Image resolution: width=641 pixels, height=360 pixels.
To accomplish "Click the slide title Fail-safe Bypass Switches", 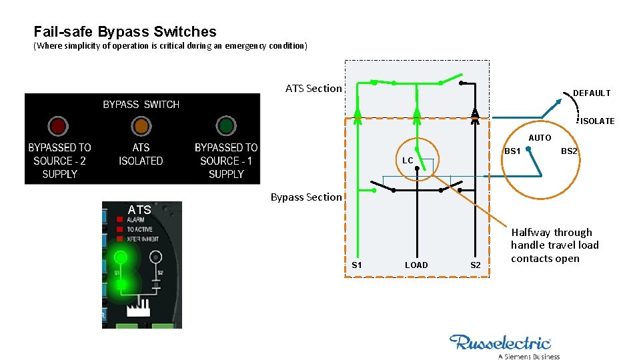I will (125, 32).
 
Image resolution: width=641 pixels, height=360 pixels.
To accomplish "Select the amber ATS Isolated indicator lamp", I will (141, 126).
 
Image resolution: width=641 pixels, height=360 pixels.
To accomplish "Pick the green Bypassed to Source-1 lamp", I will (226, 126).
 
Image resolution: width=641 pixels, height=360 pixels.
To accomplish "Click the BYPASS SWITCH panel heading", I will (141, 105).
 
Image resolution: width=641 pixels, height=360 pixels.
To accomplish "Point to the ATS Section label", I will (313, 89).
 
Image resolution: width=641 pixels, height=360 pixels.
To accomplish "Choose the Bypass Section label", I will (306, 197).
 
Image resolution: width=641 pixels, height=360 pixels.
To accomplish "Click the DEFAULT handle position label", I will (592, 93).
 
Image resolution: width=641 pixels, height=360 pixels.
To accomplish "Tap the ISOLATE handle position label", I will (597, 121).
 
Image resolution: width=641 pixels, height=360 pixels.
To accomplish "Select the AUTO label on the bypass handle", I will (540, 138).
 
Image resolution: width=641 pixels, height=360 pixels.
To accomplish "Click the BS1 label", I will (512, 151).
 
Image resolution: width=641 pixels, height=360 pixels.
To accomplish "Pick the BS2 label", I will (569, 151).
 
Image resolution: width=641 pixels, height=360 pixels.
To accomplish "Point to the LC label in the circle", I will (408, 161).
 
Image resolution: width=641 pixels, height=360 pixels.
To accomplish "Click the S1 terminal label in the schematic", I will (357, 265).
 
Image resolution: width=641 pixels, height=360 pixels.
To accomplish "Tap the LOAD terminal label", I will (416, 265).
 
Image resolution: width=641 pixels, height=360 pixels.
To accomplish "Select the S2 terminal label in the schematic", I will (476, 265).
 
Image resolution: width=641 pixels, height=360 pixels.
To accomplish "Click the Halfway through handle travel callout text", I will (555, 245).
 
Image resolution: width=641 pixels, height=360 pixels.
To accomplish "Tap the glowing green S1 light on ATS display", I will (121, 257).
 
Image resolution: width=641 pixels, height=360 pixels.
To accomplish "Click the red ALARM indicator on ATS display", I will (121, 219).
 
